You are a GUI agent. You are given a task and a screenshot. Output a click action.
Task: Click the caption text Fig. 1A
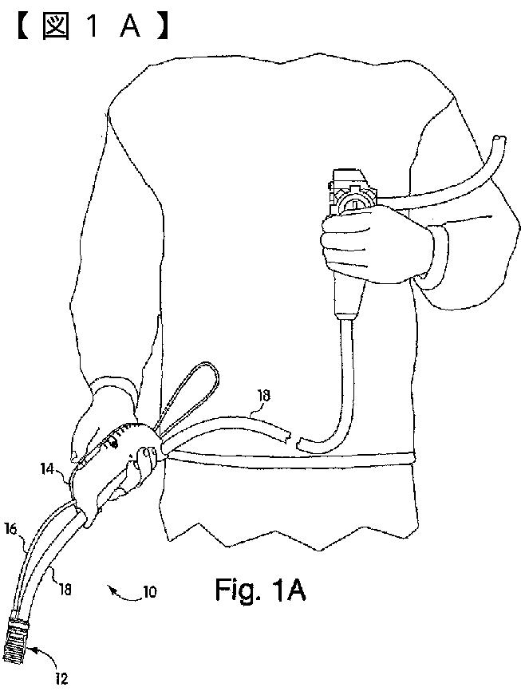260,590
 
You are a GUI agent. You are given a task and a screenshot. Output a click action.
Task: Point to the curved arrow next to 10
124,592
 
